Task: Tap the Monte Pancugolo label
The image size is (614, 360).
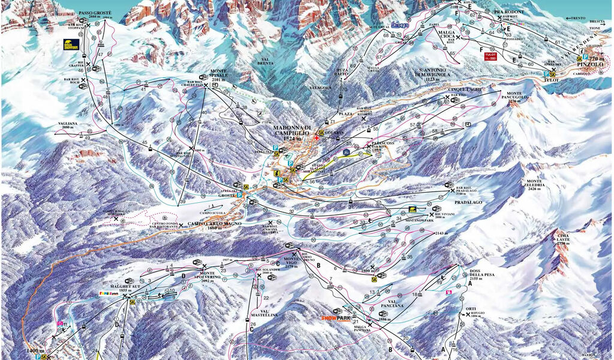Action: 516,97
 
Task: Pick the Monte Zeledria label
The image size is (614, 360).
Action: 535,183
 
